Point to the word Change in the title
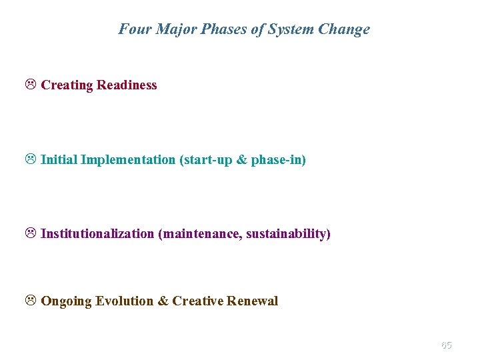pyautogui.click(x=345, y=29)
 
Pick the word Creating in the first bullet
pyautogui.click(x=67, y=85)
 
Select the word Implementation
pyautogui.click(x=127, y=160)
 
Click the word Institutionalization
pyautogui.click(x=97, y=235)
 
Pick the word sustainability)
pyautogui.click(x=288, y=235)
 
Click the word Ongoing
pyautogui.click(x=67, y=301)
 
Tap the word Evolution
pyautogui.click(x=125, y=301)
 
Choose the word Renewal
pyautogui.click(x=252, y=301)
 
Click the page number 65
pyautogui.click(x=446, y=345)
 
